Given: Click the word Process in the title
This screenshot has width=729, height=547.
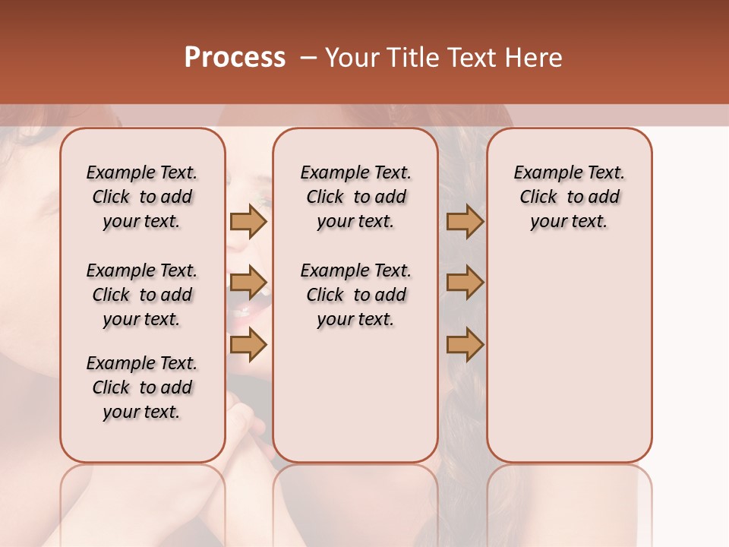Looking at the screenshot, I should click(235, 58).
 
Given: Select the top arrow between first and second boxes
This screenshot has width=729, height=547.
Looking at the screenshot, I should click(248, 221).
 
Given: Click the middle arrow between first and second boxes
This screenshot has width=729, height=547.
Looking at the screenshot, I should click(248, 283).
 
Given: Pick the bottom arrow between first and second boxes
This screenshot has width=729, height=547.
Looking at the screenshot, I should click(248, 345).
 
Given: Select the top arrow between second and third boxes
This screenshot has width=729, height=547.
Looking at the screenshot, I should click(465, 221).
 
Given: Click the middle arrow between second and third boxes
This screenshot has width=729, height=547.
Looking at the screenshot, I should click(465, 283).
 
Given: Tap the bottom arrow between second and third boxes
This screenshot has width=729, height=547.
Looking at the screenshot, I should click(465, 345).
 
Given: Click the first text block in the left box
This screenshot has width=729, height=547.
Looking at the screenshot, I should click(142, 197).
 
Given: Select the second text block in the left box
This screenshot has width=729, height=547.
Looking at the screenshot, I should click(142, 295).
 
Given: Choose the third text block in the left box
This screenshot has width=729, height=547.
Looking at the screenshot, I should click(142, 387).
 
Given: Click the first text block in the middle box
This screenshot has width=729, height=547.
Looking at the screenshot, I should click(355, 197).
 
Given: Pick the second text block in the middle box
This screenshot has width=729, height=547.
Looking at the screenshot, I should click(355, 295).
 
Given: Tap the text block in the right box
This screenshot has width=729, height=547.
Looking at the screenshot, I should click(569, 197).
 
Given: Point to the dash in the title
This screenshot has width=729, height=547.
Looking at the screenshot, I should click(308, 58).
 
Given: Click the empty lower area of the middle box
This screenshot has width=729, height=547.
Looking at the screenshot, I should click(355, 395).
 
